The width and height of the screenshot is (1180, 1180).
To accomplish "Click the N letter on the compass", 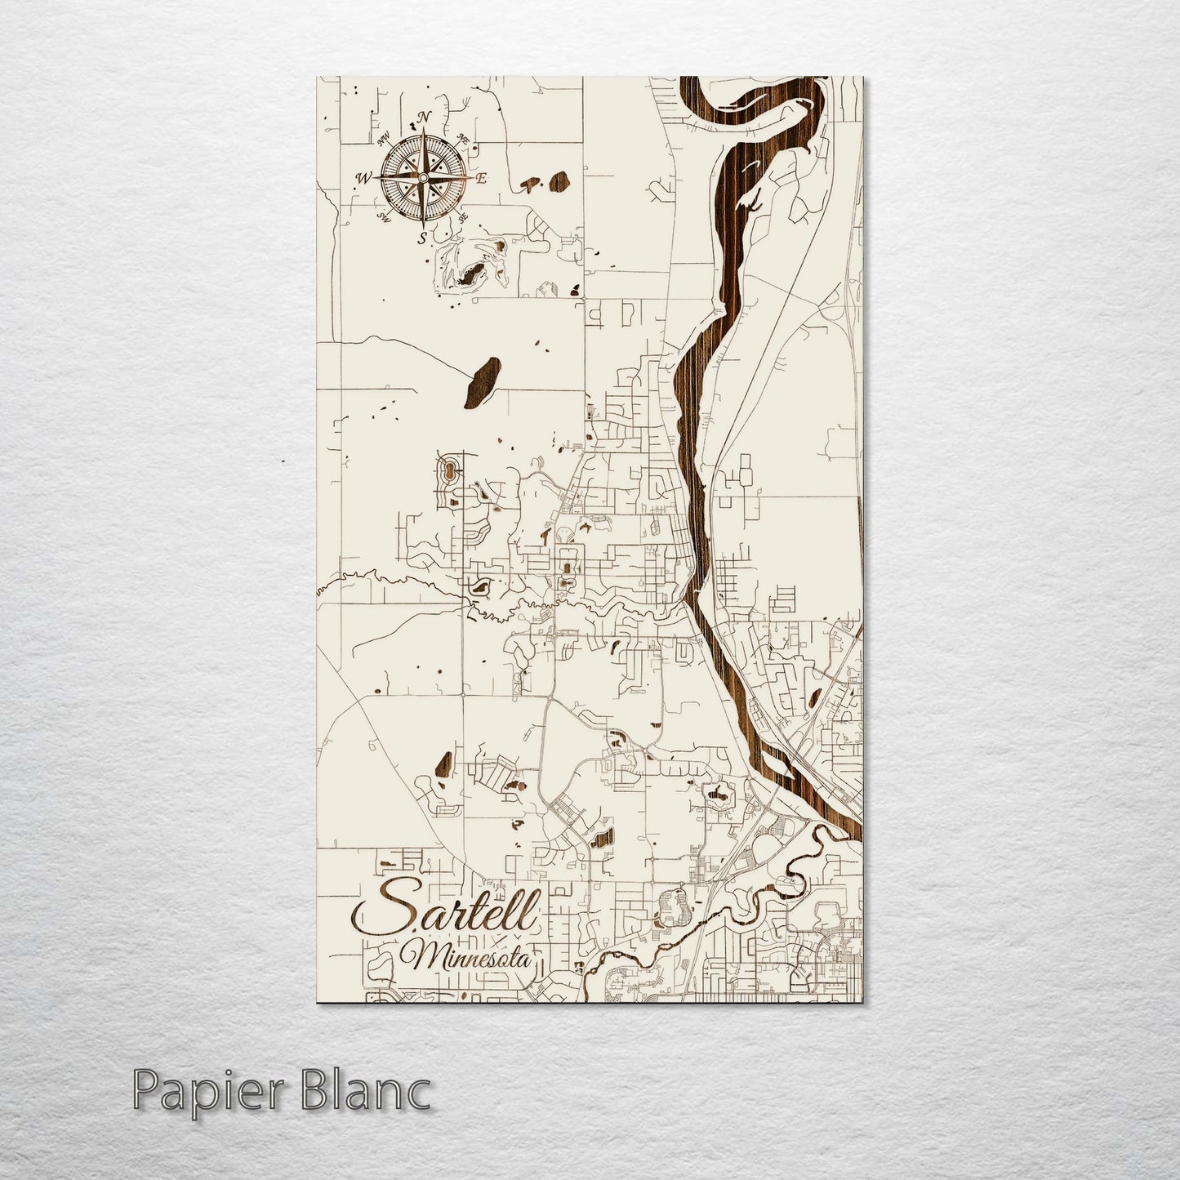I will (423, 118).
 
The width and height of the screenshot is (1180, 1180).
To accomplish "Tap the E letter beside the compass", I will (482, 178).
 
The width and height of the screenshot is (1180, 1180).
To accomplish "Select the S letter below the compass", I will (422, 238).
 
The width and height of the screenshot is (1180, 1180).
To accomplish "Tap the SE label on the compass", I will (463, 218).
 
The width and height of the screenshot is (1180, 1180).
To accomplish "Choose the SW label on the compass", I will (383, 217).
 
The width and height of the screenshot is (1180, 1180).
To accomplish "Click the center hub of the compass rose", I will (424, 177).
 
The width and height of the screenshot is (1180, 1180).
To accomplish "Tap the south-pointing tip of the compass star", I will (424, 222).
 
